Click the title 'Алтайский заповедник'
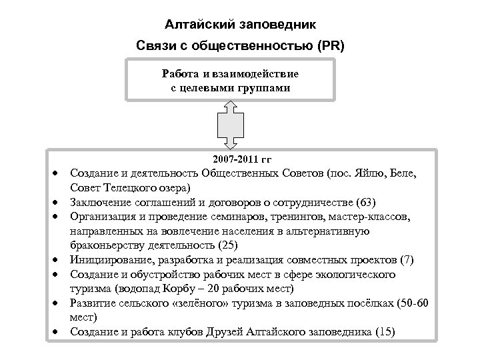[x=240, y=25]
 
